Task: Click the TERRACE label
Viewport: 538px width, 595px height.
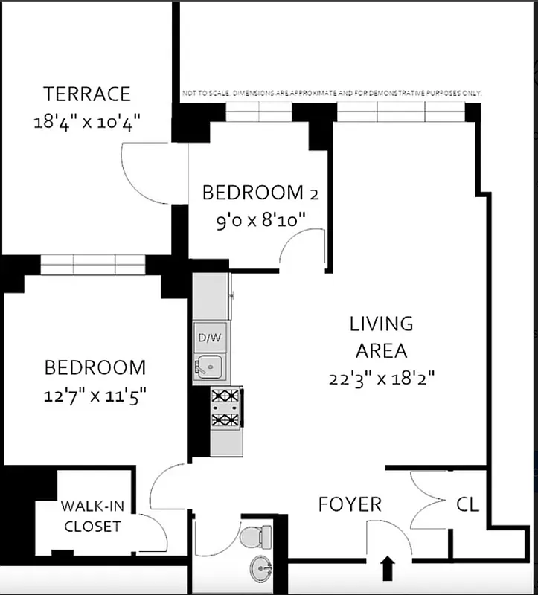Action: (x=87, y=94)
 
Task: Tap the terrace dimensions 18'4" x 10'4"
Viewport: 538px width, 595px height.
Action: (x=88, y=122)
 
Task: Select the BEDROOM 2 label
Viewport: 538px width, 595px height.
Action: (x=260, y=193)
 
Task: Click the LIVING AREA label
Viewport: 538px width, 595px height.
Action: (x=382, y=337)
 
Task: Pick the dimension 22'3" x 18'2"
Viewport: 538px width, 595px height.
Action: (x=382, y=378)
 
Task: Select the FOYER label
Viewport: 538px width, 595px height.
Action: (x=349, y=504)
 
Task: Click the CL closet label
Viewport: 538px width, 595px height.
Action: (x=468, y=504)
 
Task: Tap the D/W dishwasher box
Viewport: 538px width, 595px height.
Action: (x=209, y=338)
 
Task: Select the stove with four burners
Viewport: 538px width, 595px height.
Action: (x=226, y=408)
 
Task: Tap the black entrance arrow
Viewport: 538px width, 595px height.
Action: (x=387, y=569)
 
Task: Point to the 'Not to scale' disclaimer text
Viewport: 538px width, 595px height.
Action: (x=332, y=94)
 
